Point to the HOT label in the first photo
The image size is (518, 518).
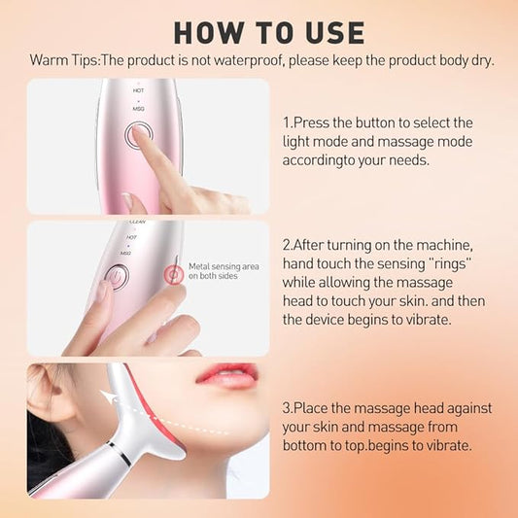(x=140, y=90)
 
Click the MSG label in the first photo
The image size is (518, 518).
(x=139, y=109)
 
